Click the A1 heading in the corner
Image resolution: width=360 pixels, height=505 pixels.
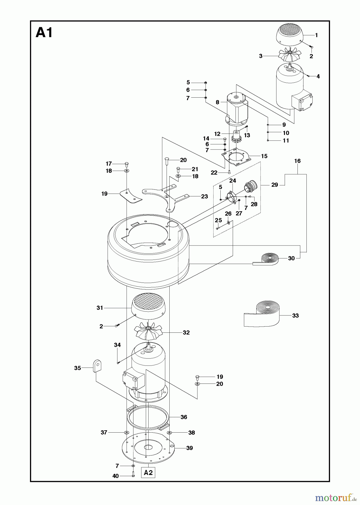(44, 33)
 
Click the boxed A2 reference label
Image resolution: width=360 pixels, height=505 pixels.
(148, 473)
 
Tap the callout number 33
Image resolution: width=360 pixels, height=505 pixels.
(295, 316)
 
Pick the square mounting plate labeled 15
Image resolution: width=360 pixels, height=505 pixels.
(237, 158)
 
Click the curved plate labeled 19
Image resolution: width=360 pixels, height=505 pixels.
(130, 195)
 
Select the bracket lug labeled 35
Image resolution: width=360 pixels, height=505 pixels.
(96, 366)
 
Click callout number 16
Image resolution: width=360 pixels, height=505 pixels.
(297, 161)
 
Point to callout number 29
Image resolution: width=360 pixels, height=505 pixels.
(274, 185)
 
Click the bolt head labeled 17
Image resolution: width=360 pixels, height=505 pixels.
(126, 164)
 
